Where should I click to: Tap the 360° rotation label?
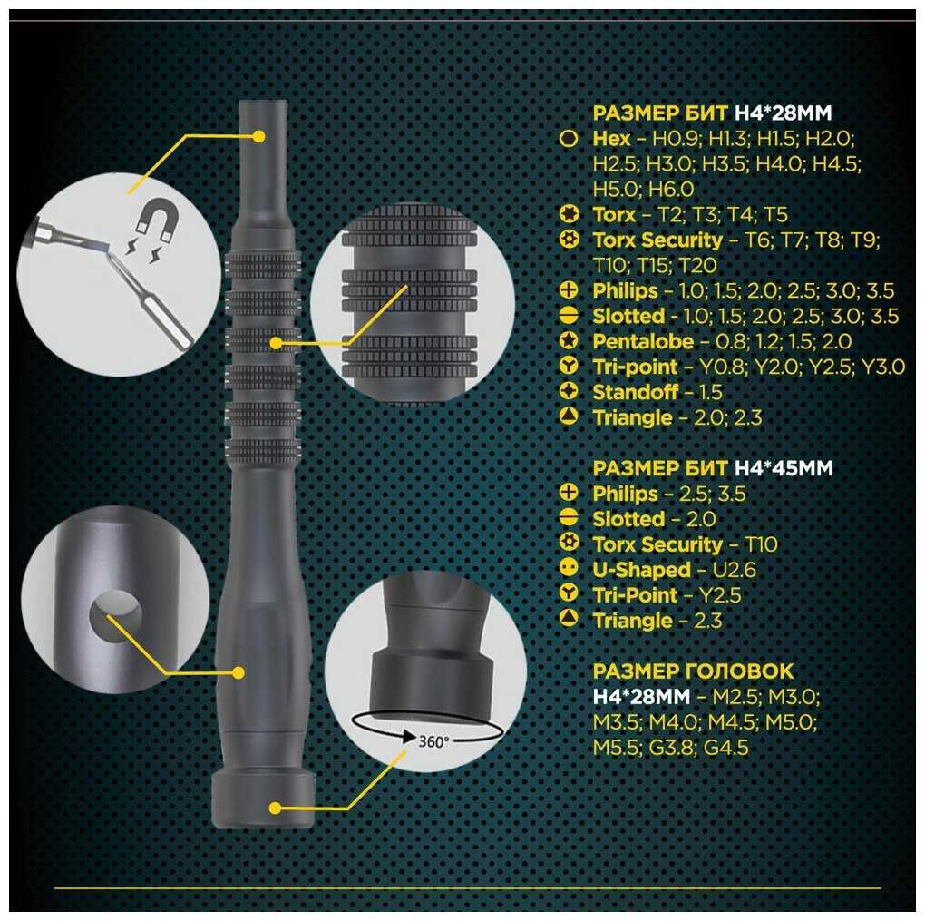point(433,741)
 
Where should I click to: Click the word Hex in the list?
point(611,139)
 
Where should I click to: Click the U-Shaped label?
point(641,571)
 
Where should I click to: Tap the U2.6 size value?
point(734,571)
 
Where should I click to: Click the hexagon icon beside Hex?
point(568,140)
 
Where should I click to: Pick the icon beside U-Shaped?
point(568,568)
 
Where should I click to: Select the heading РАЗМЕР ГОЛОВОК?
point(693,671)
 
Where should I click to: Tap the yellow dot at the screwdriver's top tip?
point(258,136)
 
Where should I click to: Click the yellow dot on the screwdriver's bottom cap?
point(275,808)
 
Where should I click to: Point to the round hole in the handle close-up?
point(116,616)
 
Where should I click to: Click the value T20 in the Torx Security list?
point(697,266)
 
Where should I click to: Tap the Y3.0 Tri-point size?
point(883,367)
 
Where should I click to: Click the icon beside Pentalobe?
point(568,339)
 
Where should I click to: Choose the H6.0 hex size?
point(671,190)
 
